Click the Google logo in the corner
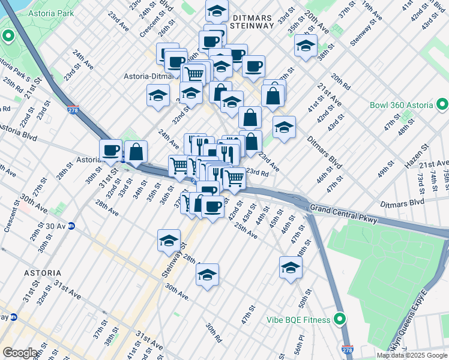point(20,352)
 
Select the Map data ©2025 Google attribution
point(412,355)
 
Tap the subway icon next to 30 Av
point(71,226)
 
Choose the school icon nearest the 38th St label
point(306,46)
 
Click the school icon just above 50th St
point(291,268)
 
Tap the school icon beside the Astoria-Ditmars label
point(158,95)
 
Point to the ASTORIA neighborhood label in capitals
point(42,272)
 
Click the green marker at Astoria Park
point(8,37)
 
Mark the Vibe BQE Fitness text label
point(298,320)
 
